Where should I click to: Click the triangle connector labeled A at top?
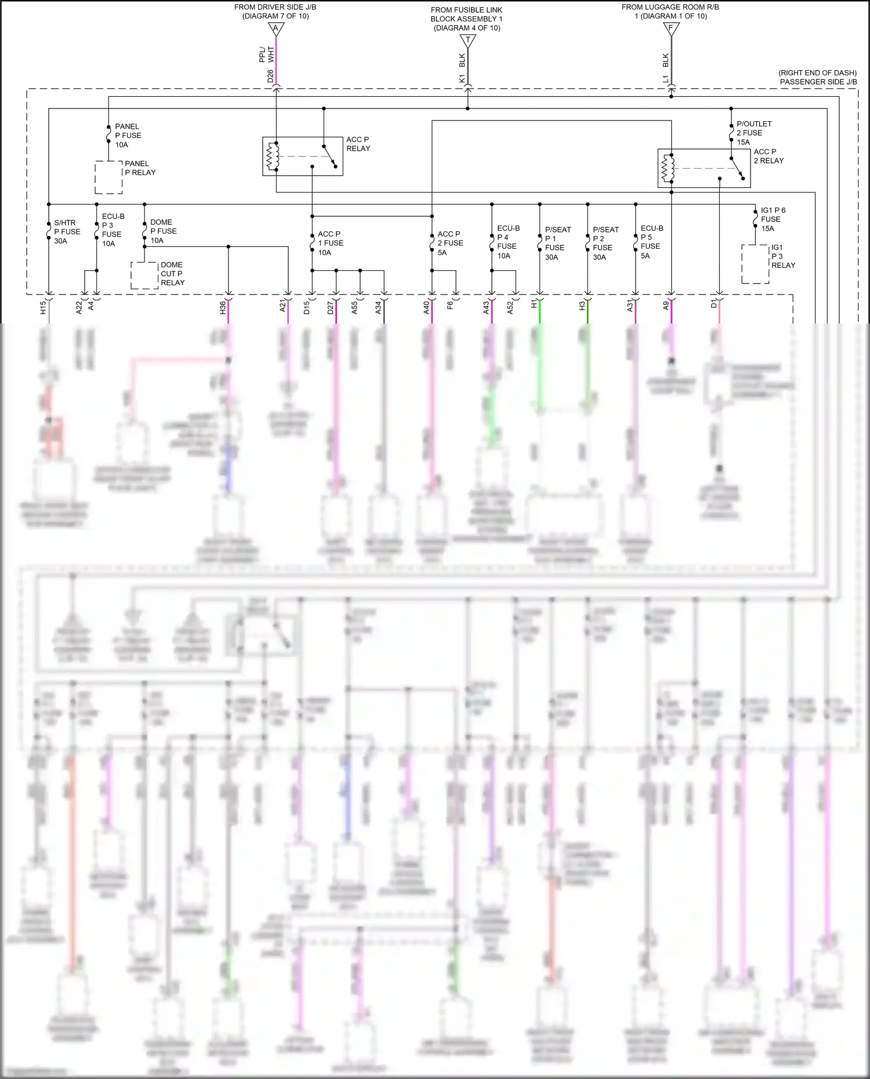pyautogui.click(x=276, y=29)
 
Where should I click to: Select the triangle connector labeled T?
pyautogui.click(x=467, y=41)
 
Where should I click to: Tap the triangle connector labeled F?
pyautogui.click(x=671, y=29)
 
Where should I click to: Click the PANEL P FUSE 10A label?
pyautogui.click(x=128, y=136)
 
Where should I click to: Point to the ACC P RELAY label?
pyautogui.click(x=358, y=144)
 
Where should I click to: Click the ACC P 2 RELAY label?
pyautogui.click(x=768, y=156)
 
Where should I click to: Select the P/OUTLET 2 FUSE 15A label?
pyautogui.click(x=753, y=133)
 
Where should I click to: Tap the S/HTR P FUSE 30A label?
pyautogui.click(x=67, y=231)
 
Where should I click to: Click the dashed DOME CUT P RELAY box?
pyautogui.click(x=144, y=275)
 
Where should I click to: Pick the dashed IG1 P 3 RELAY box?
pyautogui.click(x=755, y=264)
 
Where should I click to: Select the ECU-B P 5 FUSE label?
pyautogui.click(x=651, y=242)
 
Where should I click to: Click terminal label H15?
pyautogui.click(x=43, y=308)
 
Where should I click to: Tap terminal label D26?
pyautogui.click(x=270, y=76)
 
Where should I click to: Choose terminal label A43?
pyautogui.click(x=486, y=308)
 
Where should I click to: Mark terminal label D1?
pyautogui.click(x=713, y=304)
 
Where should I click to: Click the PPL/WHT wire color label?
pyautogui.click(x=266, y=55)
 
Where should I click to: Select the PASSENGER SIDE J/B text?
pyautogui.click(x=818, y=82)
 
